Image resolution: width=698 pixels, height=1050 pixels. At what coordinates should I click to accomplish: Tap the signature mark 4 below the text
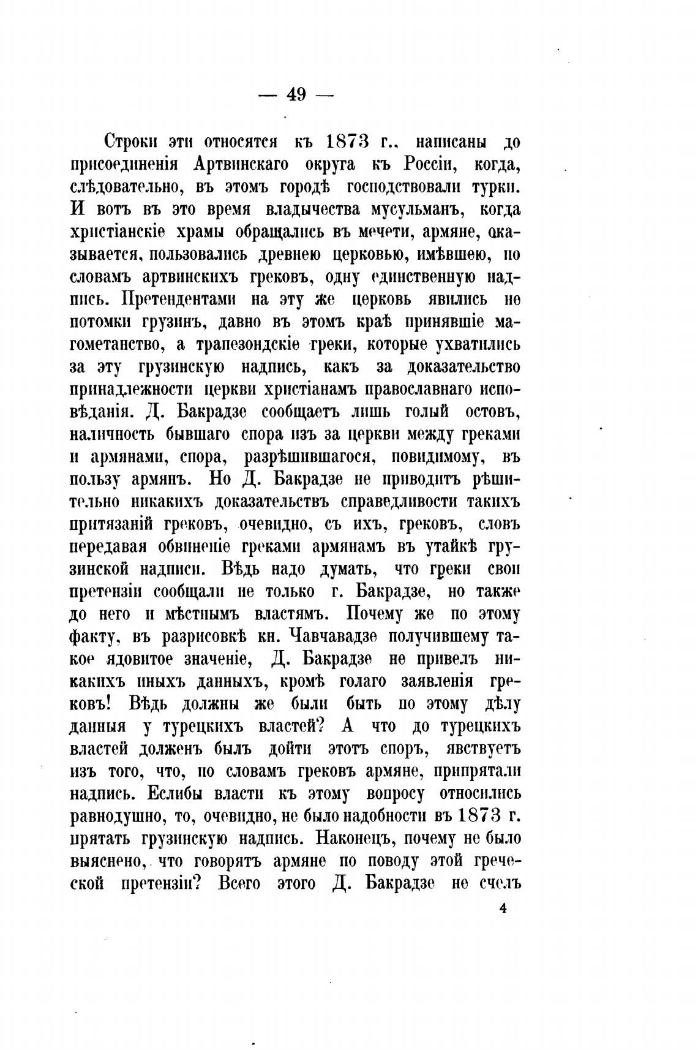click(x=503, y=909)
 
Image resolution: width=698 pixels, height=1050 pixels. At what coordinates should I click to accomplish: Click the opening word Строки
click(x=133, y=142)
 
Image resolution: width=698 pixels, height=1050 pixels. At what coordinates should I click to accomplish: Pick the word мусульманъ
click(x=418, y=210)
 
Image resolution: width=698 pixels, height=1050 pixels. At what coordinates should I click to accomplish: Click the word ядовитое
click(x=163, y=659)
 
